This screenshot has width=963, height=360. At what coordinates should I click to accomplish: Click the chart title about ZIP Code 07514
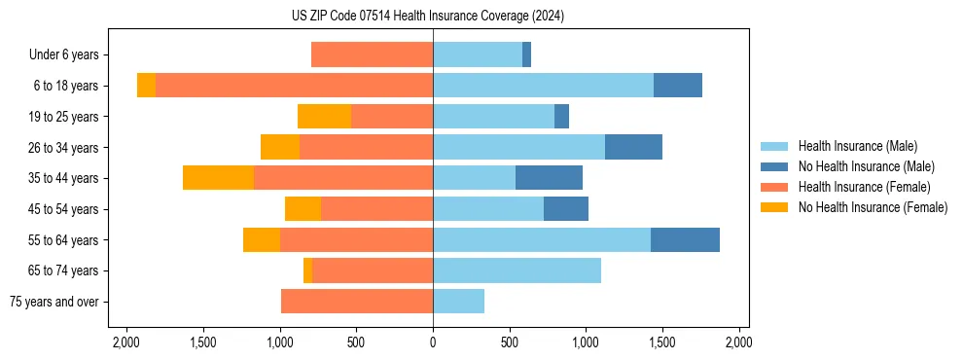coord(433,17)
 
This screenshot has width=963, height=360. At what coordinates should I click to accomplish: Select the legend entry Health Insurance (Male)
coord(856,146)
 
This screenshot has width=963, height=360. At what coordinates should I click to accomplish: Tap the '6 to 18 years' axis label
coord(66,86)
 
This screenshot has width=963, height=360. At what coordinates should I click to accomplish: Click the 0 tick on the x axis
coord(433,342)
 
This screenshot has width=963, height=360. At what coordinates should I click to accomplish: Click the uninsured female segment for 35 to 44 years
coord(218,178)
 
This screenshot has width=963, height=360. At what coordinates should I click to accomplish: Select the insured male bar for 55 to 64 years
coord(542,239)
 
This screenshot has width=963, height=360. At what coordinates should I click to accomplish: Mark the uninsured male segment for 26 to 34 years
coord(633,147)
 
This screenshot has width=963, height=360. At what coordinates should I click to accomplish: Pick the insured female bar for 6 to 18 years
coord(294,86)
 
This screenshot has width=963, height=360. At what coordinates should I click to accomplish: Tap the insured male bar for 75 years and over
coord(458,302)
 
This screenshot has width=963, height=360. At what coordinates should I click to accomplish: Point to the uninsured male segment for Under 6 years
coord(526,55)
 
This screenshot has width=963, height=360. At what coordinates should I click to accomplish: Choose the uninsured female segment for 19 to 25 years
coord(324,117)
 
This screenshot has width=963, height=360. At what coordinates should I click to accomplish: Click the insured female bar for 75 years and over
coord(357,302)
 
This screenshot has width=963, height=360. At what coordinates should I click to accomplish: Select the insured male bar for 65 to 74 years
coord(517,270)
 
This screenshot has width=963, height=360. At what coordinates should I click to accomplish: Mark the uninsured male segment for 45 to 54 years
coord(566,209)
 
